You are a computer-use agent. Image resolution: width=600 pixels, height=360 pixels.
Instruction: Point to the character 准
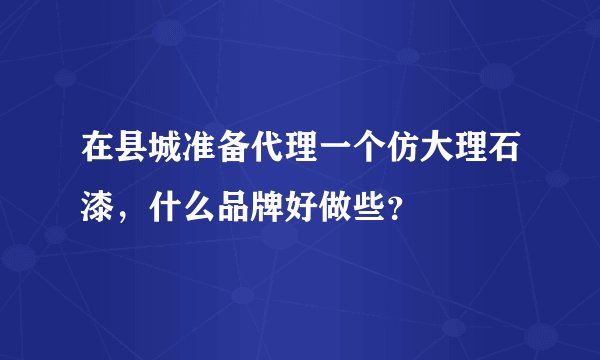click(200, 156)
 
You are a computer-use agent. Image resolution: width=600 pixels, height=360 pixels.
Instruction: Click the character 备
click(233, 156)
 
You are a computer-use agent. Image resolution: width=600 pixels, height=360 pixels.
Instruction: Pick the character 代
click(266, 156)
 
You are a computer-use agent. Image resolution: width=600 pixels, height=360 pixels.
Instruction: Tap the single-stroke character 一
click(333, 156)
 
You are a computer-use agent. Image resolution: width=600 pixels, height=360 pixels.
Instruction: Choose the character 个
click(366, 156)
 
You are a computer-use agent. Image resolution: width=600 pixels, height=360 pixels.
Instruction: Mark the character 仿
click(399, 156)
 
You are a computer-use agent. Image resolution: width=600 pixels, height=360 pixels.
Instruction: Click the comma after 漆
click(126, 214)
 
